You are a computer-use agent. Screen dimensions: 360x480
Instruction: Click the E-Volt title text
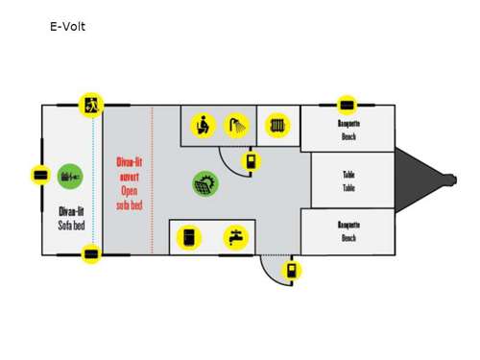click(67, 26)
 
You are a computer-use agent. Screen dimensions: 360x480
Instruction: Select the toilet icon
click(203, 126)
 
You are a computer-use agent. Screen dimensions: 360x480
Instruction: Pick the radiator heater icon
click(277, 126)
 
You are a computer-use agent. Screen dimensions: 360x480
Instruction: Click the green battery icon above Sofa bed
click(70, 177)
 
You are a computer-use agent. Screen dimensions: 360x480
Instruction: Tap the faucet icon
click(234, 237)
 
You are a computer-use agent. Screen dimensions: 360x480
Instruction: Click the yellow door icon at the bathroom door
click(251, 160)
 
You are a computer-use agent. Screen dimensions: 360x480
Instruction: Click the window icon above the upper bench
click(347, 104)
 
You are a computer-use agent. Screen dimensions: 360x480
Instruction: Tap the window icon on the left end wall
click(40, 176)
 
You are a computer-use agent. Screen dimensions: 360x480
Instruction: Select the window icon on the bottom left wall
click(91, 254)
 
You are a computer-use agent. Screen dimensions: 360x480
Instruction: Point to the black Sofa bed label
click(69, 216)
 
